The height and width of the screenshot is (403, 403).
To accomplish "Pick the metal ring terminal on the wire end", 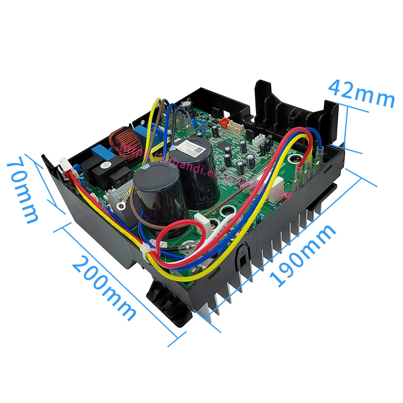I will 120,206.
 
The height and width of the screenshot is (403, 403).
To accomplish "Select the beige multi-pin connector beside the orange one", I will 236,126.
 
